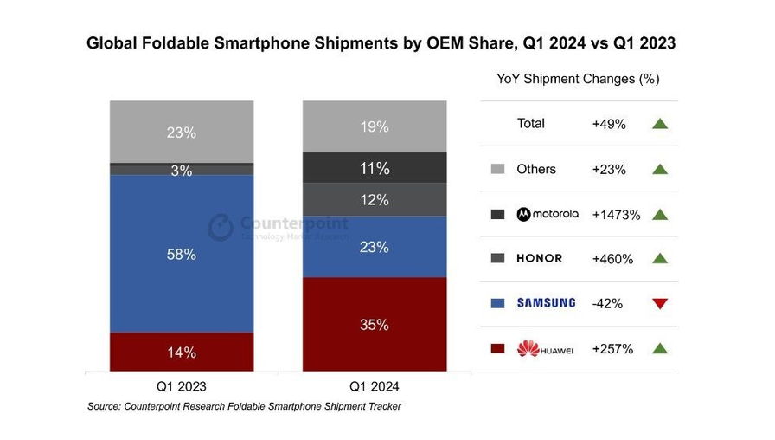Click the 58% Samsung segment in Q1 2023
[182, 254]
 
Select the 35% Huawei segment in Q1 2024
[375, 325]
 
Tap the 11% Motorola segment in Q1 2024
[375, 168]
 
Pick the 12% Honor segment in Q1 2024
[375, 199]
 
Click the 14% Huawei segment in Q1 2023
[182, 353]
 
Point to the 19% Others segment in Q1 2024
[375, 126]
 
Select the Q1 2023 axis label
[182, 386]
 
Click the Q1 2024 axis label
[375, 386]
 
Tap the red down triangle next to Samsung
[660, 304]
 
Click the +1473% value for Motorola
[616, 215]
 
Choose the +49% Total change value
[609, 124]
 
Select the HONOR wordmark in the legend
[540, 259]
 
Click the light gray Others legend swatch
[497, 169]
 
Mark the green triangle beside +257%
[660, 349]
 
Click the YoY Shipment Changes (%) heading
[578, 79]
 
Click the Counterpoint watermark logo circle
[221, 227]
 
